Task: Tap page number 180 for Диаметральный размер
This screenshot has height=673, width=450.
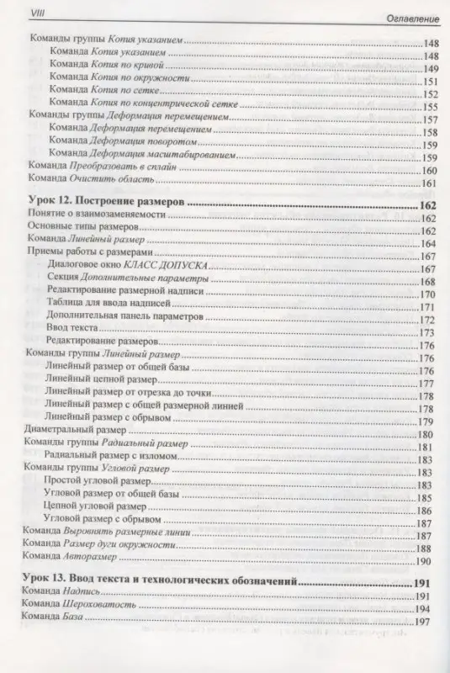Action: pyautogui.click(x=424, y=435)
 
